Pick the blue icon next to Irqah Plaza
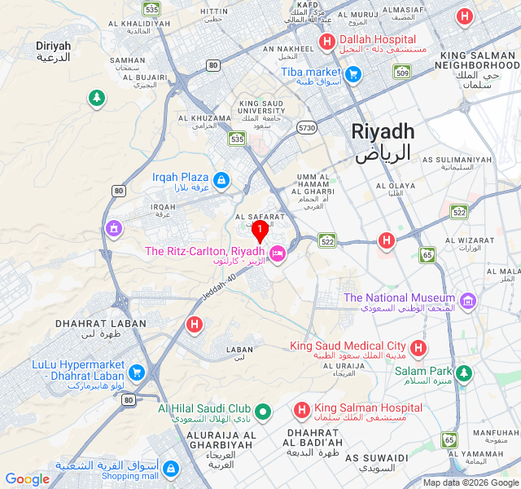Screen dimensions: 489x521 coord(221,178)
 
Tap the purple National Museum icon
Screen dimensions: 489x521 coord(467,302)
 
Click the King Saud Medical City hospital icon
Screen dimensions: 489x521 coord(418,349)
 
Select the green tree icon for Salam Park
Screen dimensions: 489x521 coord(463,373)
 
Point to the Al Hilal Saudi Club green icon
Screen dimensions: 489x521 coord(262,411)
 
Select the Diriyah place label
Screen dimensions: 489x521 coord(54,51)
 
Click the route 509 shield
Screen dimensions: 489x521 coord(401,73)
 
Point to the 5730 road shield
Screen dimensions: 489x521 coord(306,128)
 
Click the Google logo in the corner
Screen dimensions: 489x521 coord(27,479)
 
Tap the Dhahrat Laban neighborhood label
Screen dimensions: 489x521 coord(90,328)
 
